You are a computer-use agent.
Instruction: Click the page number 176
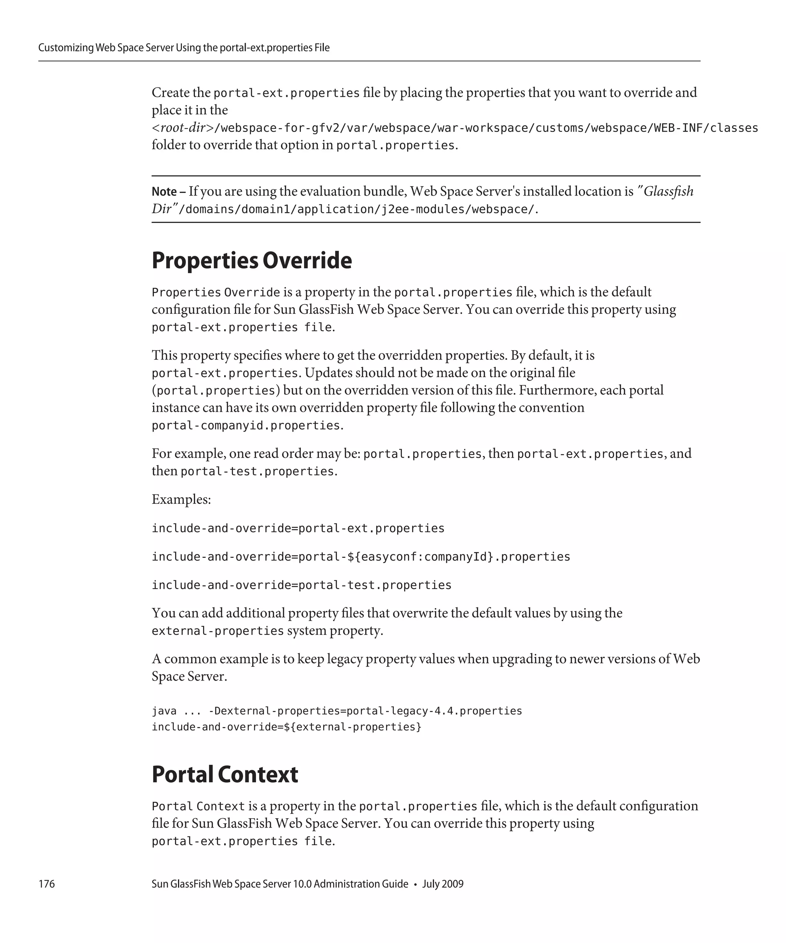[x=47, y=884]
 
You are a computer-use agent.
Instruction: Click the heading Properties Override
[x=251, y=260]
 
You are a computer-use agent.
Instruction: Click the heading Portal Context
[x=225, y=774]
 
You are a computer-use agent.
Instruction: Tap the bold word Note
[x=164, y=192]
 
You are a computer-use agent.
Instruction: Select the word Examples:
[x=181, y=500]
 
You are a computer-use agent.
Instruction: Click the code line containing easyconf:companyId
[x=361, y=557]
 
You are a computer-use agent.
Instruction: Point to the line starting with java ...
[x=337, y=711]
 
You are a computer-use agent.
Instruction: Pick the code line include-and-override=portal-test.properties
[x=301, y=585]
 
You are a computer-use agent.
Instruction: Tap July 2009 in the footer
[x=443, y=884]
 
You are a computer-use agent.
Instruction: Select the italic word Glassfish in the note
[x=668, y=192]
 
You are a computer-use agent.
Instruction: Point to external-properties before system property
[x=217, y=631]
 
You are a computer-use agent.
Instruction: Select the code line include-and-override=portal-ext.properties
[x=298, y=528]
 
